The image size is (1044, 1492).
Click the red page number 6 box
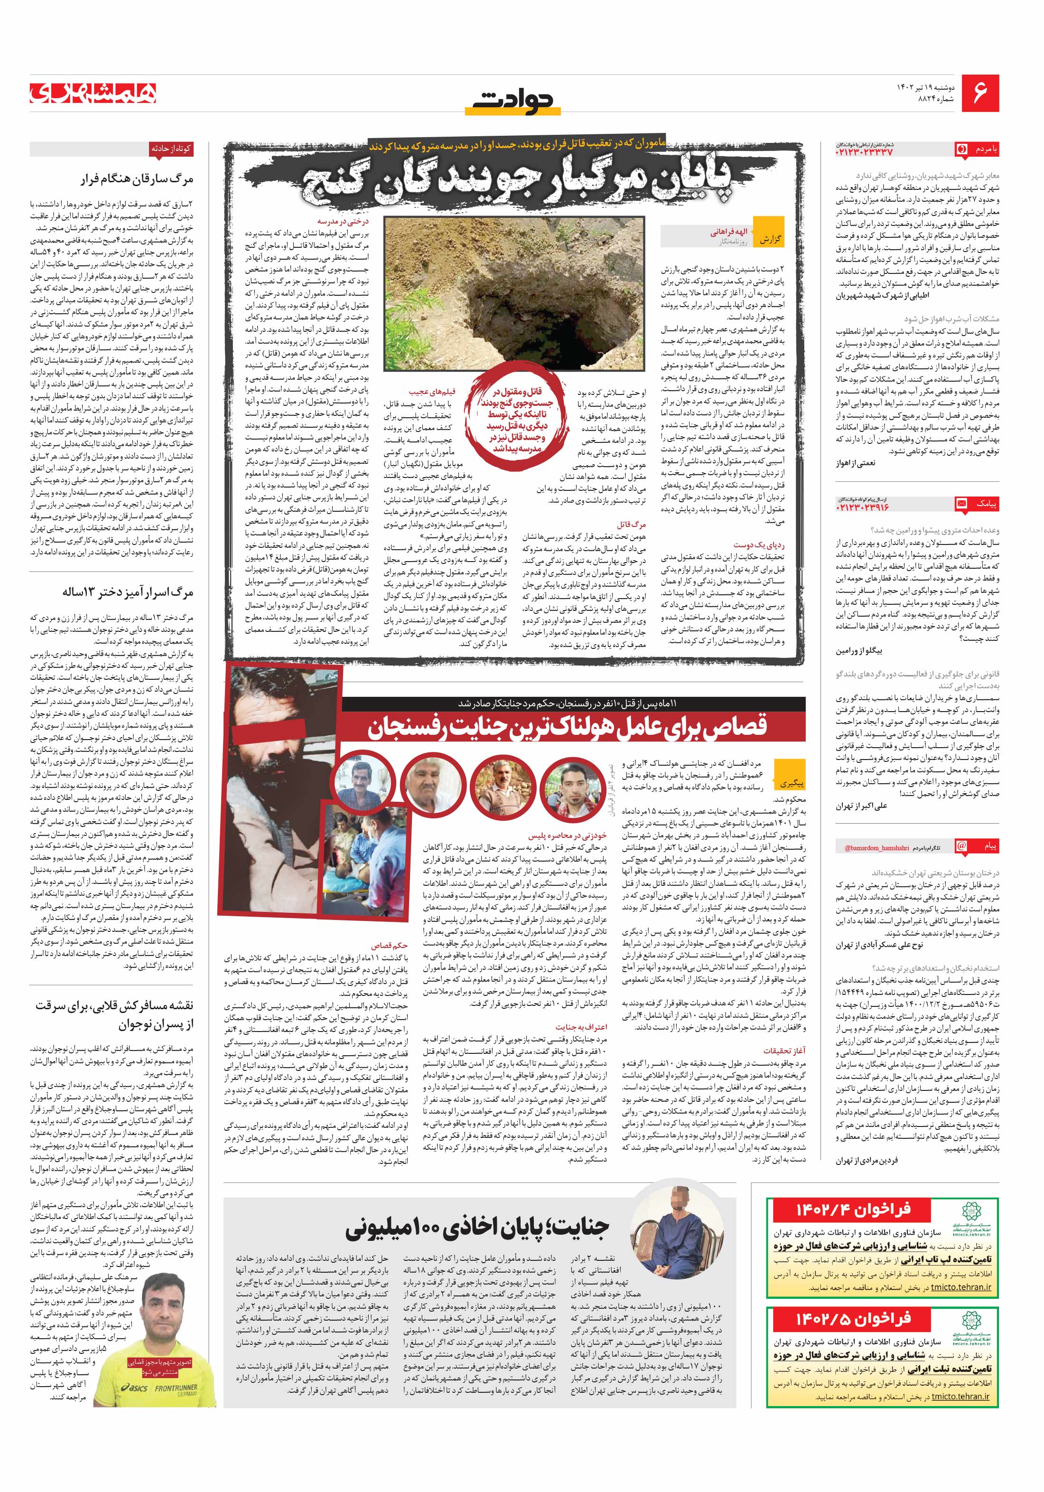pyautogui.click(x=979, y=93)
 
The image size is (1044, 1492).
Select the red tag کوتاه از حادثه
pyautogui.click(x=171, y=148)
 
